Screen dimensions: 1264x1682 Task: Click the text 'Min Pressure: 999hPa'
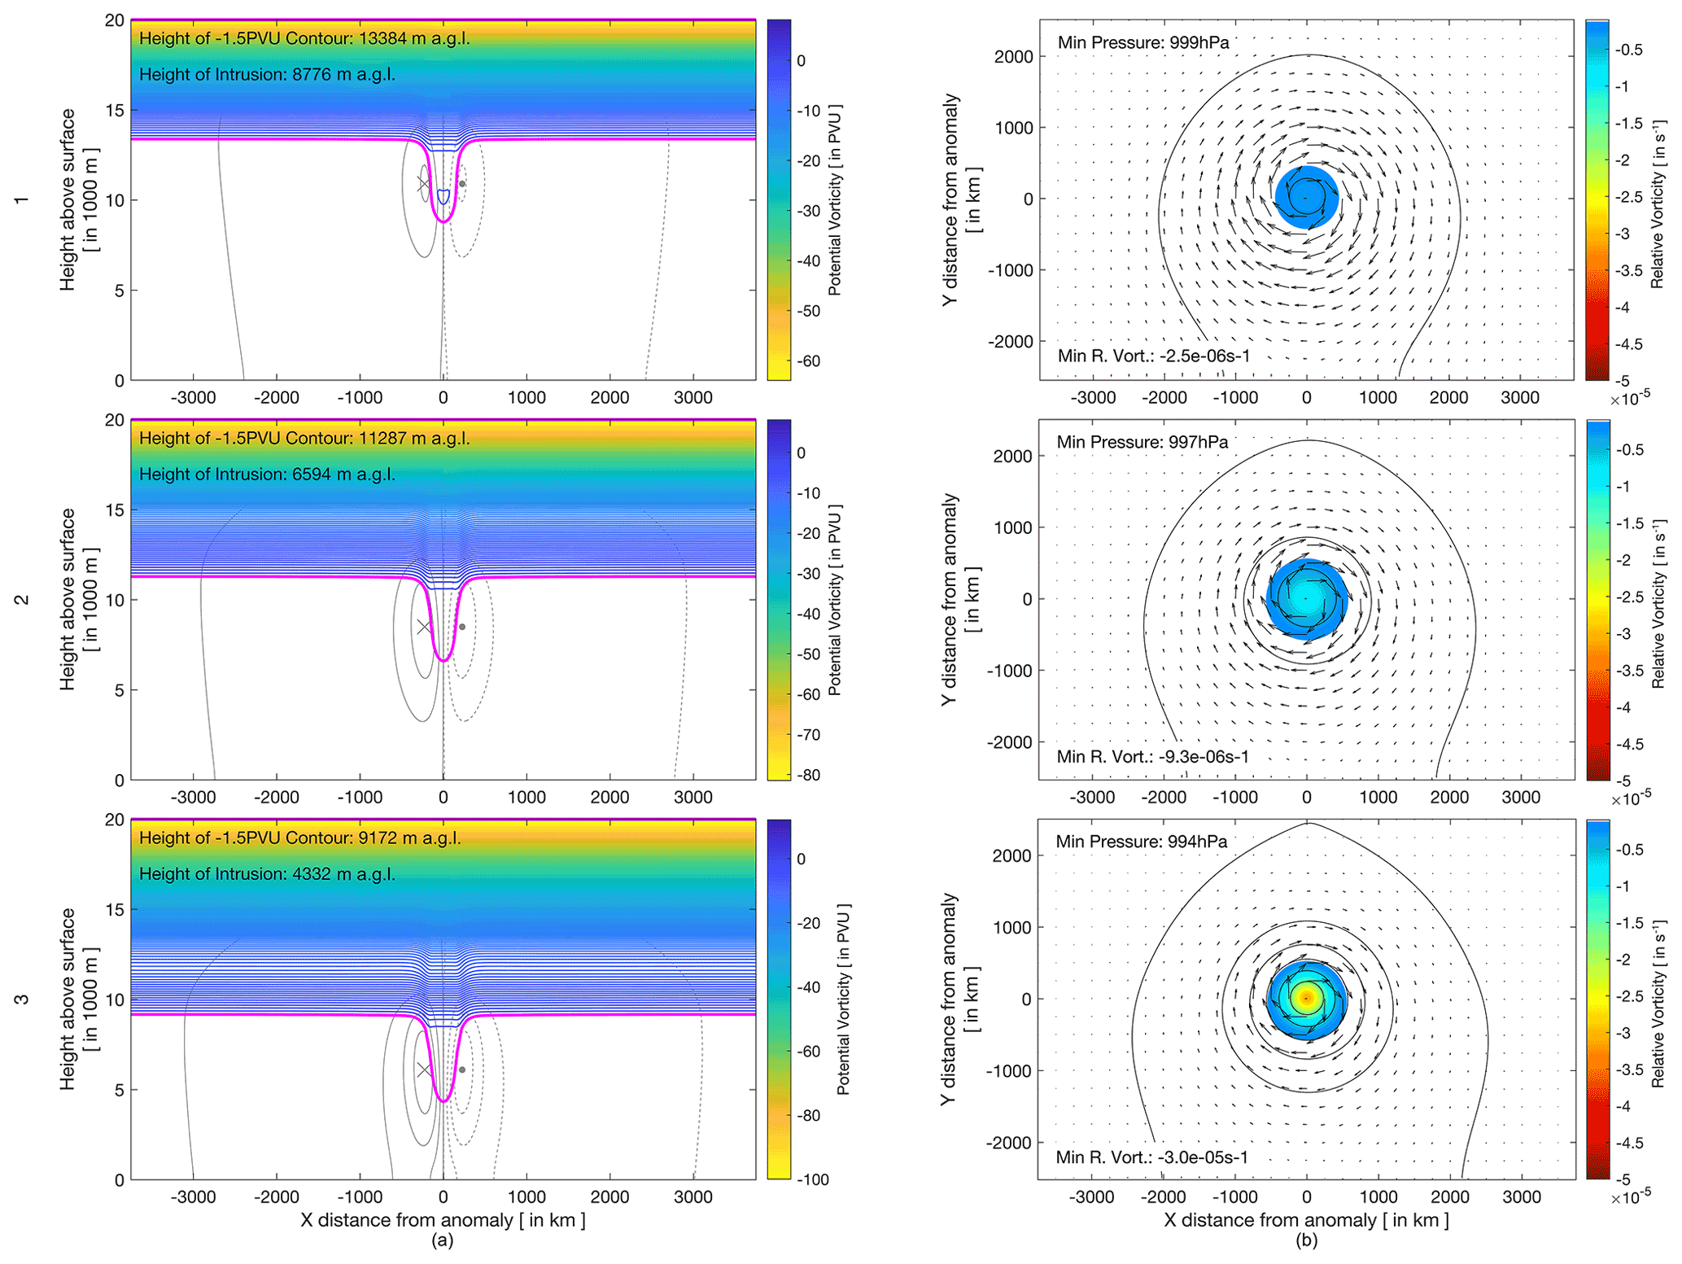point(1142,42)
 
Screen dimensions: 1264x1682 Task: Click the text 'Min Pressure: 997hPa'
point(1142,442)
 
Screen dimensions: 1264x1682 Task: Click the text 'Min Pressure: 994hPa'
point(1141,842)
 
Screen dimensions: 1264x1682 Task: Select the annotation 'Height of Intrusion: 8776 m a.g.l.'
point(267,75)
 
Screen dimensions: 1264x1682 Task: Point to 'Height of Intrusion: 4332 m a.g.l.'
point(267,874)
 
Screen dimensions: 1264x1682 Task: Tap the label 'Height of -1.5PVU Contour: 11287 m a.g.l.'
point(304,438)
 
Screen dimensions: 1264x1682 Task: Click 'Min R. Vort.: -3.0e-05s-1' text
point(1151,1157)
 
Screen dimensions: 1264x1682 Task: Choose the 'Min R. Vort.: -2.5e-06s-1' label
point(1154,356)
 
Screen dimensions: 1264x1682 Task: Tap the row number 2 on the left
point(22,600)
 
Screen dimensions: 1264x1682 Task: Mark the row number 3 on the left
point(22,999)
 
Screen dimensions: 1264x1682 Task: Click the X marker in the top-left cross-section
point(423,184)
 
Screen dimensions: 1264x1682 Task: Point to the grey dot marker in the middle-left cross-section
point(462,627)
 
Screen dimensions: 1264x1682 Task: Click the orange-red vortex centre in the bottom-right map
point(1306,997)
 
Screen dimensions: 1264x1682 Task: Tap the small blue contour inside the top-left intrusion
point(443,196)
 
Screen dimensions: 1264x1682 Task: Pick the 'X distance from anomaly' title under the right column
point(1306,1220)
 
